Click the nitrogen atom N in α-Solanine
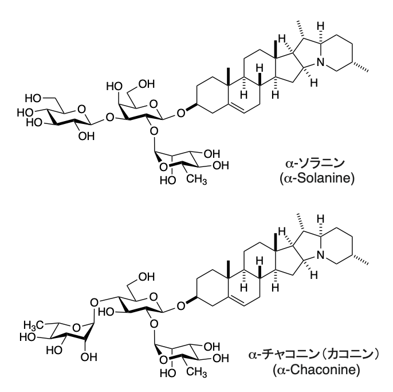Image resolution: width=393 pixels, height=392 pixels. click(320, 63)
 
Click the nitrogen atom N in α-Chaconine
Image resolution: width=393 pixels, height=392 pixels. click(320, 255)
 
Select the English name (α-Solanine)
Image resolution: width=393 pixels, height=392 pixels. click(317, 178)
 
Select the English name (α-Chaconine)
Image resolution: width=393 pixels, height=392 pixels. click(317, 370)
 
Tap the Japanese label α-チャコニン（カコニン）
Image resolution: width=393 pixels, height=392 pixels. click(313, 355)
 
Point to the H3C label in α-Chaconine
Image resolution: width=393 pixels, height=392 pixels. click(34, 325)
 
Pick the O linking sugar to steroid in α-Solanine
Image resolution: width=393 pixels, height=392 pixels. click(181, 113)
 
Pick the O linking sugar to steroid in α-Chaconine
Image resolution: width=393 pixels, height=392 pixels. click(181, 306)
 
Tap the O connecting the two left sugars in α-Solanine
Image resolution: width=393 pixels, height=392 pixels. click(109, 117)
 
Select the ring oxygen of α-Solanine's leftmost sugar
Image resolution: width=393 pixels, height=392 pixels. click(81, 109)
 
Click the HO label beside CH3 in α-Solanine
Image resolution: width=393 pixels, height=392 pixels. click(168, 180)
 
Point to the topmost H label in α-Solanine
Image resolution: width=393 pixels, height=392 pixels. click(320, 26)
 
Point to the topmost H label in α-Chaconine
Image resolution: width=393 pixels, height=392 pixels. click(320, 219)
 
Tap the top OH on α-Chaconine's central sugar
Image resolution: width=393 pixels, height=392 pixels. click(147, 277)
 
